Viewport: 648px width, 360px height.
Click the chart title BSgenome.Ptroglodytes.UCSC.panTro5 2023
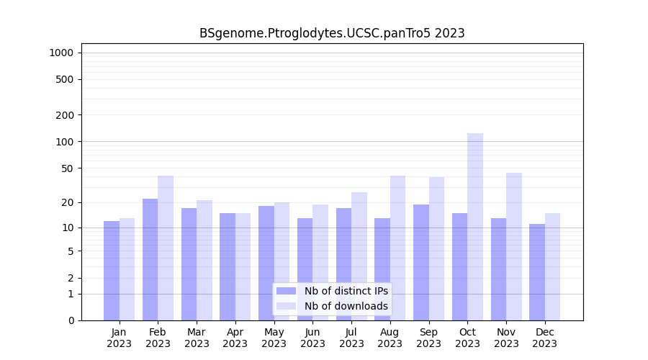(332, 33)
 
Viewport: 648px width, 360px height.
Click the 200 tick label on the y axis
(65, 115)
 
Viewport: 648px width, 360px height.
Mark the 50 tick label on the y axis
(67, 168)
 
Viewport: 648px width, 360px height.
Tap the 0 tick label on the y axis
(71, 320)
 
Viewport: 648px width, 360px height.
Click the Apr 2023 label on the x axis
(235, 338)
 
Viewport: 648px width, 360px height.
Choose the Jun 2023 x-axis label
(312, 338)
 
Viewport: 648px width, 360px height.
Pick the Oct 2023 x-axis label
(467, 338)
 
